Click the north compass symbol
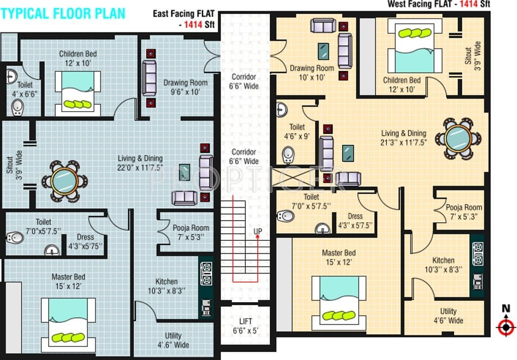505,326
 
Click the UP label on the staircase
257,231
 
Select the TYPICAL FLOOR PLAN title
63,13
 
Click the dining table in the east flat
64,180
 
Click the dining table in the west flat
458,137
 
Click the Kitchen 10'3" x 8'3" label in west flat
443,264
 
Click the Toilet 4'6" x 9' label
297,131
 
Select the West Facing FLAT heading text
439,5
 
